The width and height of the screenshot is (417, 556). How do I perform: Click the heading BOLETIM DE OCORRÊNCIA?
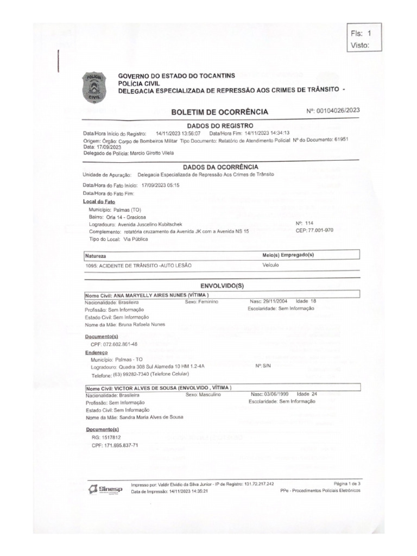coord(220,112)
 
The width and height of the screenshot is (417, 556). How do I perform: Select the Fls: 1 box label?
coord(361,34)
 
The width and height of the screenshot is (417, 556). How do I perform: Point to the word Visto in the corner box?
coord(360,46)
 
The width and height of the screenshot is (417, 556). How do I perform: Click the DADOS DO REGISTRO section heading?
coord(220,125)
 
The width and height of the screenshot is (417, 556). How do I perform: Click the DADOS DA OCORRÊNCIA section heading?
coord(220,167)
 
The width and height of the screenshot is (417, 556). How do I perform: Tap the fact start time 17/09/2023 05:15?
coord(160,185)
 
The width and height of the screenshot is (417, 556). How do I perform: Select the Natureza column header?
coord(96,255)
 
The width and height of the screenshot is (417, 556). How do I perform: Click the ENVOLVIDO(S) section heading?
coord(220,285)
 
